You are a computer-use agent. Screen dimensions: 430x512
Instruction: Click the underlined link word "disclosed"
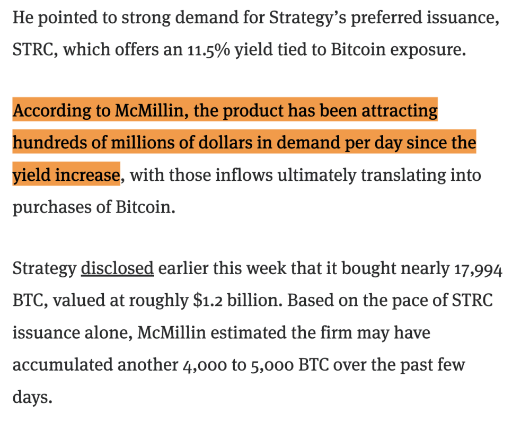tap(117, 268)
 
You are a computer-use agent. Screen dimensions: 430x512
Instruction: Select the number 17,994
tap(478, 269)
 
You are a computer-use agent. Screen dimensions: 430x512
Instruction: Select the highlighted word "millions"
tap(140, 143)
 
